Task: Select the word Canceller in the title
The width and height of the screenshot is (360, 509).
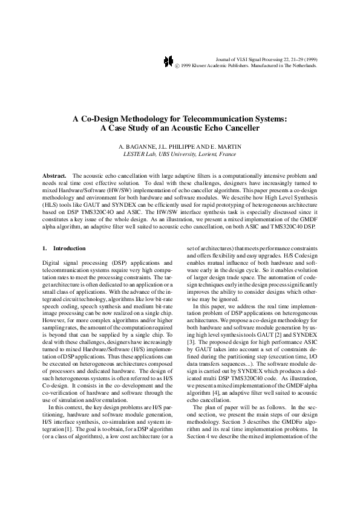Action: click(240, 128)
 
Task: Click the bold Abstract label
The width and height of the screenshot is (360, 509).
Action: click(54, 175)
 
